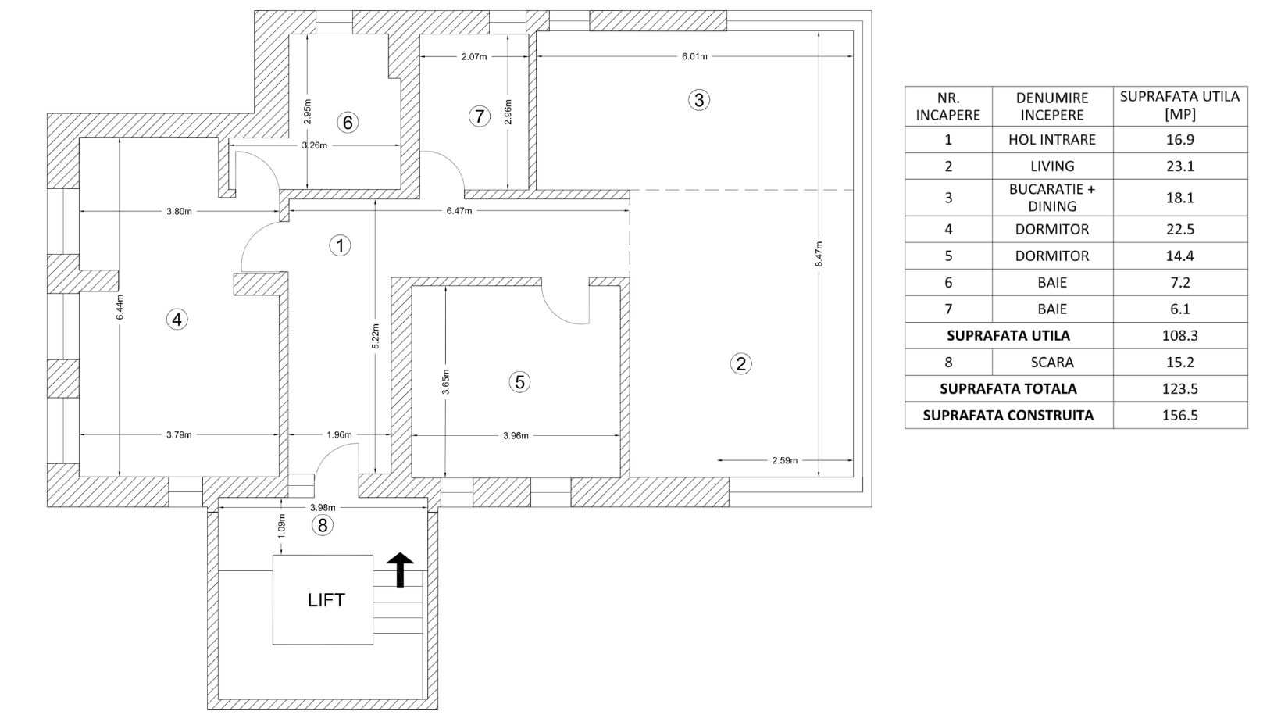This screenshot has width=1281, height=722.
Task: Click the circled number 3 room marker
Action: coord(698,100)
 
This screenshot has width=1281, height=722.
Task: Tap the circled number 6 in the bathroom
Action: coord(347,123)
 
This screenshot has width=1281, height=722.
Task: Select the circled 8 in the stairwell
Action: coord(323,525)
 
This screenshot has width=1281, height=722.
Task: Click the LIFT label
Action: coord(326,599)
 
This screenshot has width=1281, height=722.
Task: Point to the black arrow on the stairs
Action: coord(400,570)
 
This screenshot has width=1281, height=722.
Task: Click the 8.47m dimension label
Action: coord(819,253)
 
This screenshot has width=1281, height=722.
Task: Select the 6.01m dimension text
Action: coord(694,56)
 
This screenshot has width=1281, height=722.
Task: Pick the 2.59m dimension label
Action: coord(784,460)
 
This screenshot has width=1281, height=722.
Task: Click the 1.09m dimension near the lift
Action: coord(281,525)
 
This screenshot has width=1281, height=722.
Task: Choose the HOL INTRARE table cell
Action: coord(1051,140)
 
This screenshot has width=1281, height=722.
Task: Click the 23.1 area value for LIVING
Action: coord(1179,166)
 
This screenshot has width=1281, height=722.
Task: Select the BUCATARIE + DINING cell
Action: coord(1051,198)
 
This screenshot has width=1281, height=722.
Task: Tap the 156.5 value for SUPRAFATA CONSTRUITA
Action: coord(1179,416)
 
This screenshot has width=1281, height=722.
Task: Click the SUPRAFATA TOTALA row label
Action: coord(1008,389)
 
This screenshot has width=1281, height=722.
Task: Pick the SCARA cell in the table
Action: coord(1052,362)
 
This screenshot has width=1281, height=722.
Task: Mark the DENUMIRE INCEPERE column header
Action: coord(1052,106)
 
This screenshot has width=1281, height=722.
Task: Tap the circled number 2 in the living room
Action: coord(740,364)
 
